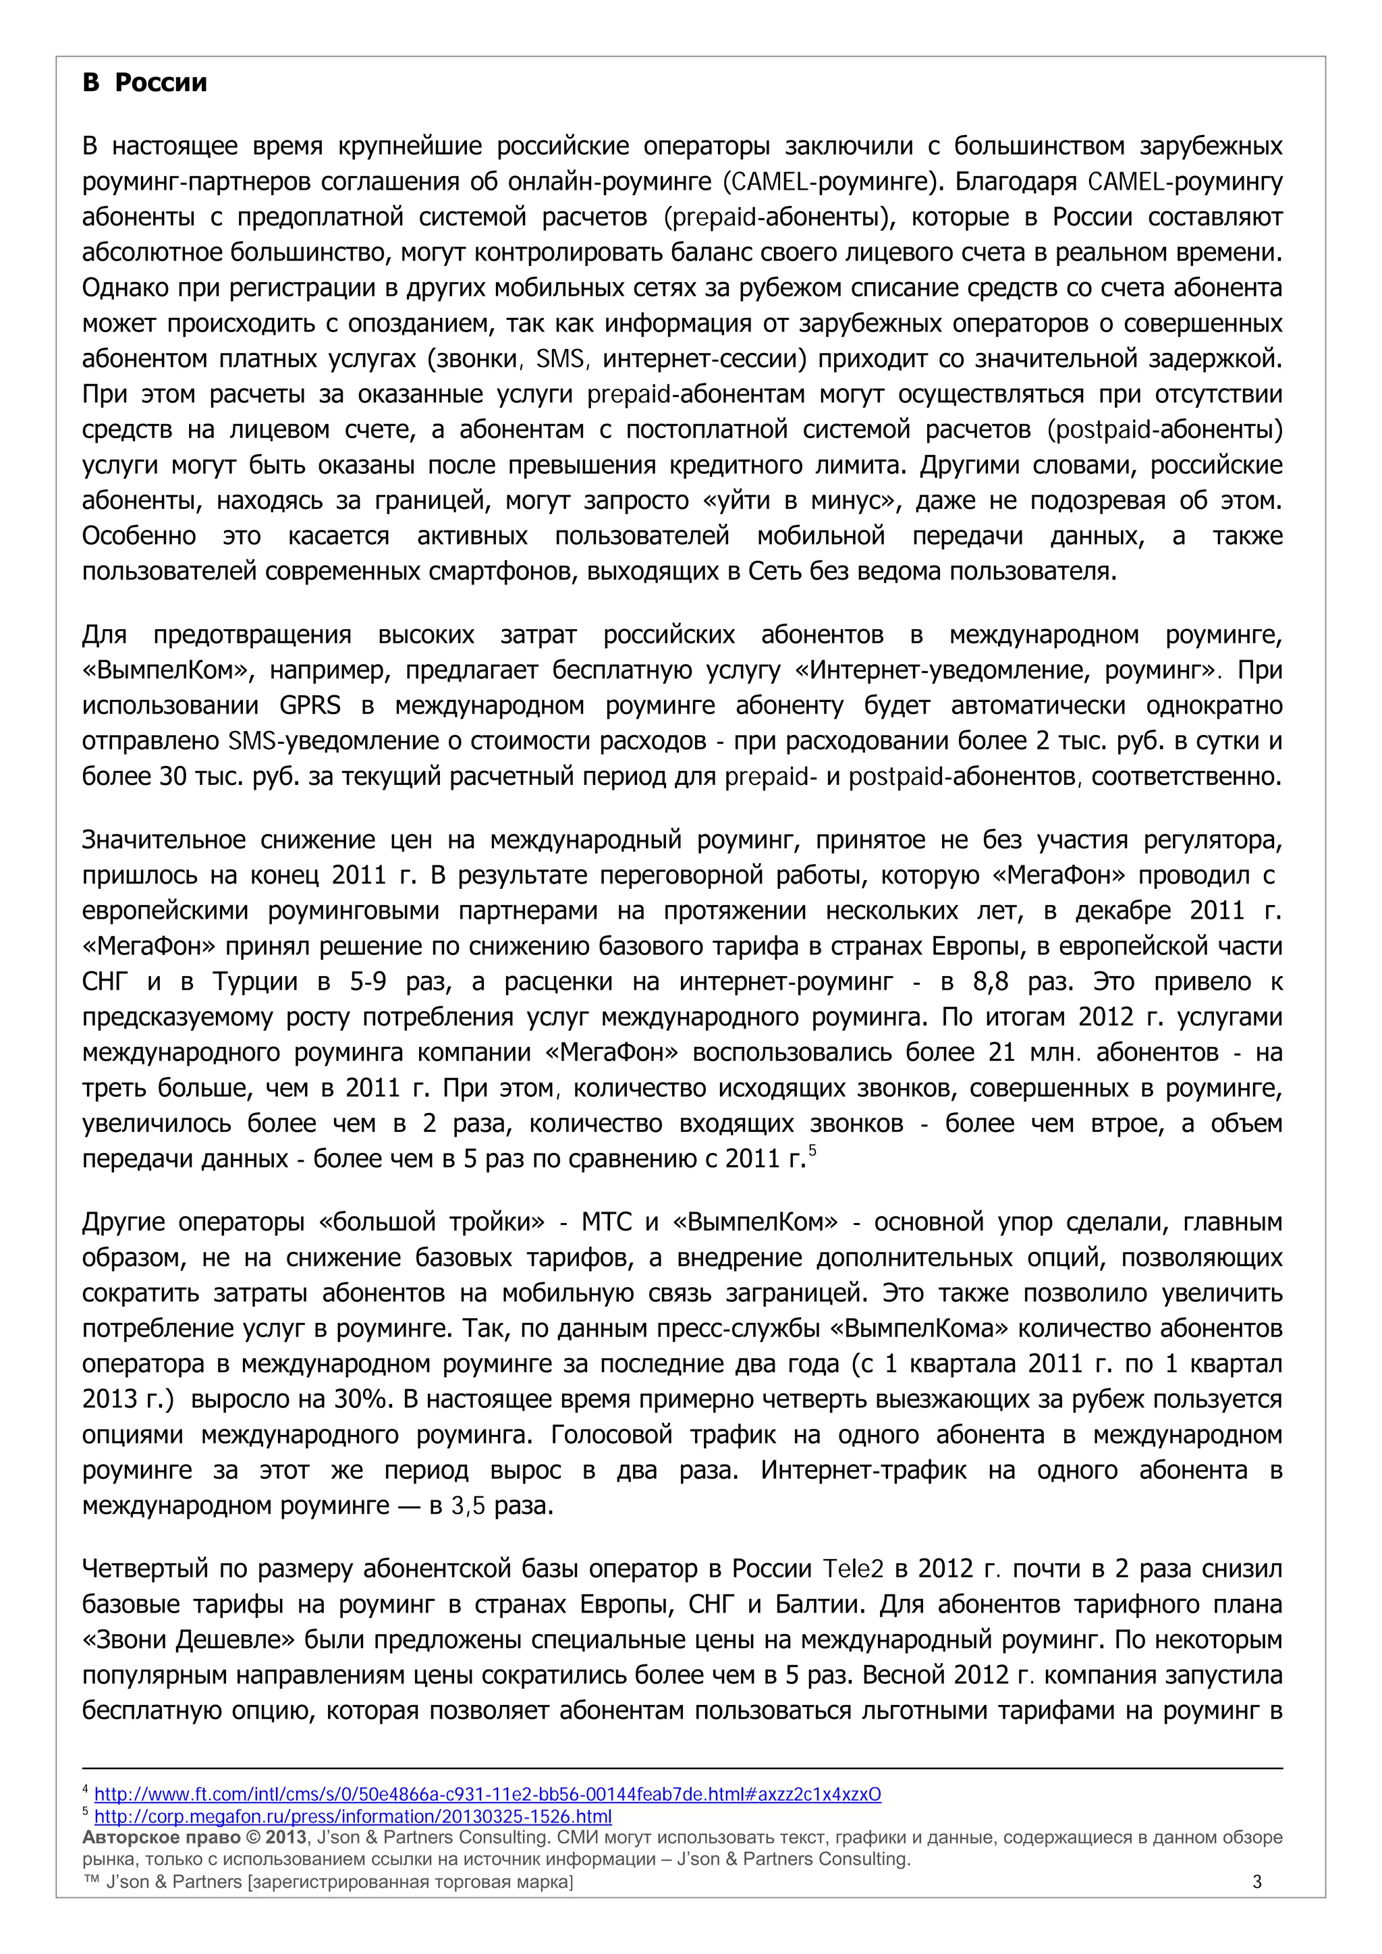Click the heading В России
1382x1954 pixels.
(144, 82)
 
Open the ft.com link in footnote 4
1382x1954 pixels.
(487, 1794)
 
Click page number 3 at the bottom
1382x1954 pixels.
(1257, 1882)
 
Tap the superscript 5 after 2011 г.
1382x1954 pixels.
(812, 1151)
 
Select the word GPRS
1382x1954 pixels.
(310, 705)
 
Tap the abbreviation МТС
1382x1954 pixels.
(606, 1222)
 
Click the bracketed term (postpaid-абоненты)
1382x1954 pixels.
(1165, 430)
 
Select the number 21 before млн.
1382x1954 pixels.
(1001, 1053)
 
